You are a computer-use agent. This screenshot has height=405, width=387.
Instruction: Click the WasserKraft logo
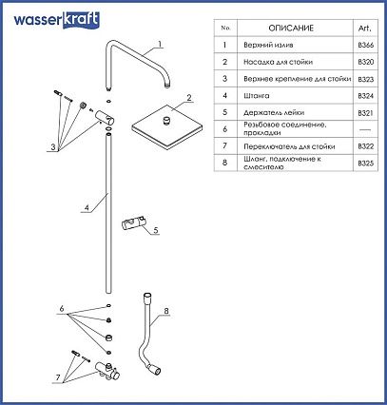[56, 20]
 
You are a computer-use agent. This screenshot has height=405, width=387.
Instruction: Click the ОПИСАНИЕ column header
[291, 29]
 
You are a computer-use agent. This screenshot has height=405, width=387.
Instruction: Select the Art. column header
[365, 29]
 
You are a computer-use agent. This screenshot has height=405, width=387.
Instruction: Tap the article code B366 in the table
[366, 45]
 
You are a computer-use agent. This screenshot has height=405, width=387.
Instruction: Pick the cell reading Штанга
[257, 96]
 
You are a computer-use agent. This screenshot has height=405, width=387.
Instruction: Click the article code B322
[366, 146]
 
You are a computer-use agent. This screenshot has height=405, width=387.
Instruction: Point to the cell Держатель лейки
[274, 112]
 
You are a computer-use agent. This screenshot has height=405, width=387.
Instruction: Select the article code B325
[366, 164]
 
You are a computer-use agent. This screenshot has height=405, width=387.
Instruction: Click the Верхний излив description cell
[268, 45]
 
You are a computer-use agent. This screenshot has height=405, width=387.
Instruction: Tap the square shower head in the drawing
[167, 126]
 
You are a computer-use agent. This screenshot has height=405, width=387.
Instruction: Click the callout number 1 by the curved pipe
[160, 44]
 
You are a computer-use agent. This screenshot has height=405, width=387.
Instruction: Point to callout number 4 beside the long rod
[87, 208]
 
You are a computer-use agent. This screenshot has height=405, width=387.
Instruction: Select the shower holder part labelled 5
[133, 224]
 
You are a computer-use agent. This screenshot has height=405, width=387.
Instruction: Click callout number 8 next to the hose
[166, 311]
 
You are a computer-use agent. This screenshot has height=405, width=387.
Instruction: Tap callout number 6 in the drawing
[62, 308]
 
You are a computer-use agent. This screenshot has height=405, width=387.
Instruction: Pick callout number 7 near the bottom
[58, 377]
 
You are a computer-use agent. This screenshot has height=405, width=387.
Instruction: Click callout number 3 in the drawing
[53, 147]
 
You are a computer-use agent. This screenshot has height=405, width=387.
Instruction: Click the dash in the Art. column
[365, 129]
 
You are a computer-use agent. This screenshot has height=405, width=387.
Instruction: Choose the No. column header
[225, 28]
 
